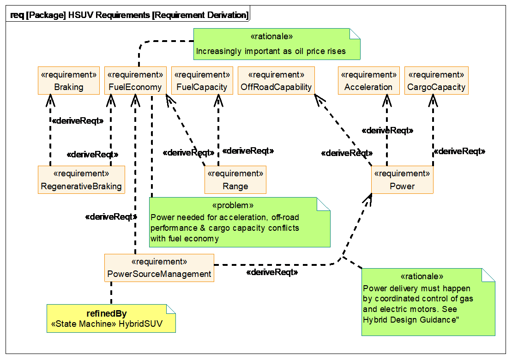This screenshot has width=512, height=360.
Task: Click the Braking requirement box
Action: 68,81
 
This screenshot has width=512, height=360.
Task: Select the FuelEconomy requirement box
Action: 135,81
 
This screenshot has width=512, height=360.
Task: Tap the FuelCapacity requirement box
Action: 202,81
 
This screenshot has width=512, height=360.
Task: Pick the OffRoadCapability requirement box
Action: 276,81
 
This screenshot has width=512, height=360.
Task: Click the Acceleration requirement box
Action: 368,81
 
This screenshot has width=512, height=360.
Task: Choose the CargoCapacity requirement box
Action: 436,81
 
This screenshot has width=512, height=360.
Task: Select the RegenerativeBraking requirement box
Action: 81,180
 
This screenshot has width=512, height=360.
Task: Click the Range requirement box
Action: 235,180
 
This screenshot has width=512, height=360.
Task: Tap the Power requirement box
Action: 402,180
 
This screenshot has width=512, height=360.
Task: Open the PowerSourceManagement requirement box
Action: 159,268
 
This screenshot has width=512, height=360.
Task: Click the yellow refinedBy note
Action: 111,318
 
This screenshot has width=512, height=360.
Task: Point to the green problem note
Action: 239,222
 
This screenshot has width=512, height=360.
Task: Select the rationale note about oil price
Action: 276,44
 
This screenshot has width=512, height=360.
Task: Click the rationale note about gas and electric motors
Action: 428,302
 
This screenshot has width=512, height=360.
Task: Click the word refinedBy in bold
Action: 107,314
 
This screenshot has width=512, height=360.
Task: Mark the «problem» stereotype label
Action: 233,205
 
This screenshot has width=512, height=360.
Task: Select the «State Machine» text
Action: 84,324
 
